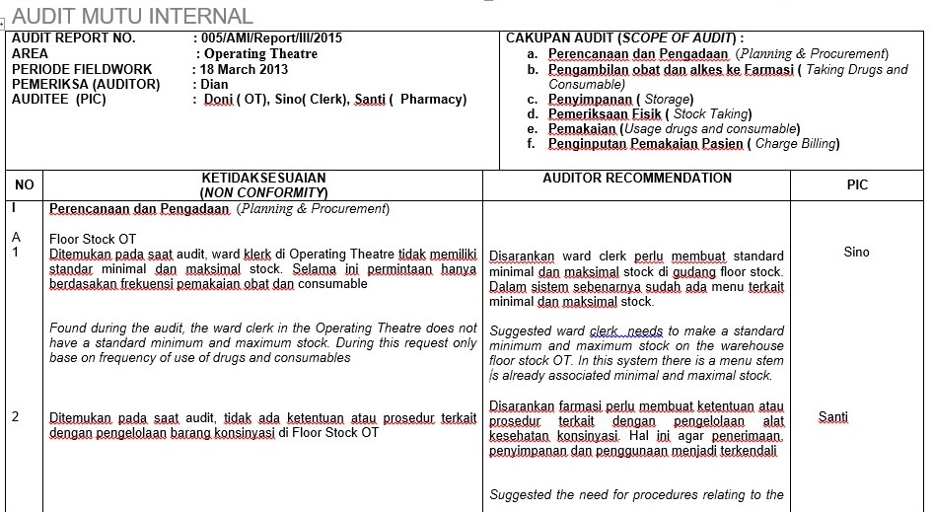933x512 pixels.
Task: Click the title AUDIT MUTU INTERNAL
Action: pyautogui.click(x=133, y=16)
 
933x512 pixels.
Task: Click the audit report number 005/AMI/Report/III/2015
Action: pyautogui.click(x=271, y=38)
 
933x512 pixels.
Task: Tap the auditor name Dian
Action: pyautogui.click(x=214, y=84)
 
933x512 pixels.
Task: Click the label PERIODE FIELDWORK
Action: pyautogui.click(x=82, y=69)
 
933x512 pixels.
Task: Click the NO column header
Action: pyautogui.click(x=25, y=184)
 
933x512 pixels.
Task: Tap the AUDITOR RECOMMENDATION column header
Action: pyautogui.click(x=637, y=179)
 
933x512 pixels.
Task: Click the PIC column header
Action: pyautogui.click(x=857, y=184)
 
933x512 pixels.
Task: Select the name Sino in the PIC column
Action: pyautogui.click(x=857, y=252)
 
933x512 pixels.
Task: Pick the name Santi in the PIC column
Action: pyautogui.click(x=833, y=416)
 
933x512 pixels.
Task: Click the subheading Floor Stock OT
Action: pyautogui.click(x=93, y=239)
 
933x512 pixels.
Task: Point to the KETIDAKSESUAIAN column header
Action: pyautogui.click(x=263, y=179)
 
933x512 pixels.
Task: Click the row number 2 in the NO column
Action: pyautogui.click(x=16, y=416)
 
